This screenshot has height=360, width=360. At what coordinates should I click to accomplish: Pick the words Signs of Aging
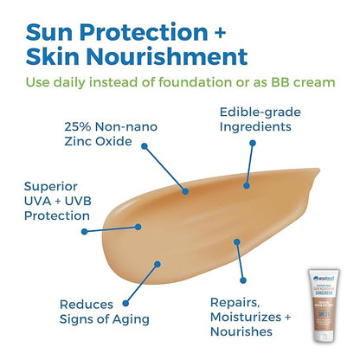[94, 321]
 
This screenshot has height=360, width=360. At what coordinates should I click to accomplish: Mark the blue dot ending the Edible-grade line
[246, 183]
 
